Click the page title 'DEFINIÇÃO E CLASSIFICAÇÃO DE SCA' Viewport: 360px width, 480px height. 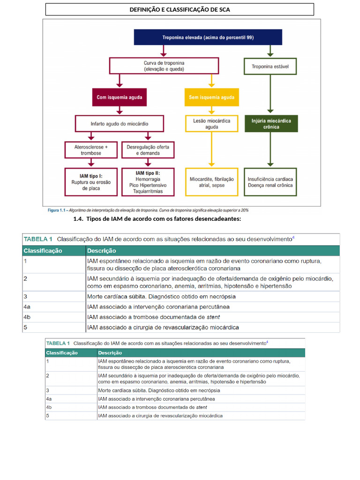pos(180,9)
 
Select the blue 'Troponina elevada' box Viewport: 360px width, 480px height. pos(208,37)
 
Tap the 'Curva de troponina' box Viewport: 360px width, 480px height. pos(164,66)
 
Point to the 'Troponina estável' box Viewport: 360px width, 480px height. pos(270,66)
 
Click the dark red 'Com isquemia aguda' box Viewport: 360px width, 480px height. pos(119,97)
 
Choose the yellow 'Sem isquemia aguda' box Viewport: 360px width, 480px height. pos(211,97)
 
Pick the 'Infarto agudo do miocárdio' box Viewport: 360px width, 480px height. pos(119,124)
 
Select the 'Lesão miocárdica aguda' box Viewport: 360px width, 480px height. pos(211,124)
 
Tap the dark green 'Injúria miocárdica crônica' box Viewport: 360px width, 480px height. pos(270,124)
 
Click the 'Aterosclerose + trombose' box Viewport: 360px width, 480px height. pos(91,150)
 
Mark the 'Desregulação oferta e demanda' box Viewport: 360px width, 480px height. pos(147,150)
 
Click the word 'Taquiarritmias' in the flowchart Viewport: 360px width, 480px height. pos(148,192)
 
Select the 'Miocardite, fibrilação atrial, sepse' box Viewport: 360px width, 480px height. pos(211,182)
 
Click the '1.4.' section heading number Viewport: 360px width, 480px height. pos(78,219)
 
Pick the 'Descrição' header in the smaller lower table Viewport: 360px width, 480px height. pos(110,352)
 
